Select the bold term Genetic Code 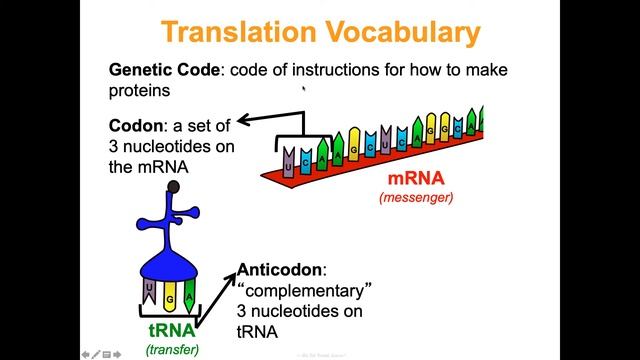(x=155, y=70)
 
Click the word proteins (x=140, y=90)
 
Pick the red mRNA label (x=415, y=180)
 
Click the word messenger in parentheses (x=415, y=198)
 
